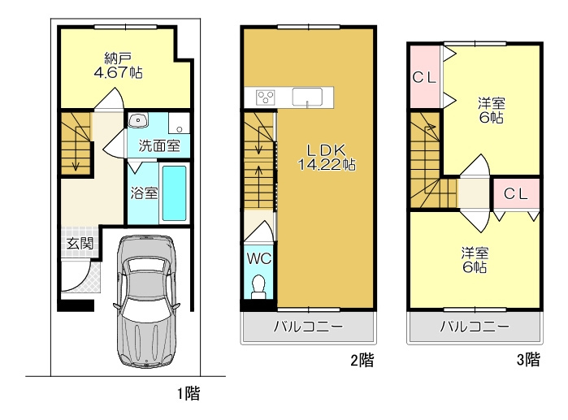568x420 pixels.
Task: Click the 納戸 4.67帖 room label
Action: coord(118,66)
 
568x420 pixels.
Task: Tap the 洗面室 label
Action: coord(159,145)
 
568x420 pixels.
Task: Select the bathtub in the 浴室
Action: coord(174,193)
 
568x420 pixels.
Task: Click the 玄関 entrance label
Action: coord(80,243)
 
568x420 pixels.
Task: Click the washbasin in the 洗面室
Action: coord(138,120)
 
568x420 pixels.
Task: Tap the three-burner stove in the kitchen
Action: coord(266,97)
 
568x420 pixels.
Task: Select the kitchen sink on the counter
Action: coord(307,97)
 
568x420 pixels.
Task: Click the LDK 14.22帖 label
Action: coord(327,157)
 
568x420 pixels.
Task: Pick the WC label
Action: coord(259,258)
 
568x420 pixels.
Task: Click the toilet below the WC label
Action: coord(258,287)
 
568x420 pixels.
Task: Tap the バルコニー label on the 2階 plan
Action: coord(308,327)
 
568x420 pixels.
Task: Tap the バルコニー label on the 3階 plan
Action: coord(475,327)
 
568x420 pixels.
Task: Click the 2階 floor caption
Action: coord(362,360)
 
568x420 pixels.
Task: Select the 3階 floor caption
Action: coord(528,360)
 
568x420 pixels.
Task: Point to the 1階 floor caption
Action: coord(189,393)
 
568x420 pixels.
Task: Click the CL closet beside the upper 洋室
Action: coord(424,77)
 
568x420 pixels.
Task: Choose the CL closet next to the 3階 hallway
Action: coord(516,194)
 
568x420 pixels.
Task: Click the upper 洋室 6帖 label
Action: coord(491,110)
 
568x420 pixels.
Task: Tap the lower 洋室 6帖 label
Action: coord(475,260)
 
